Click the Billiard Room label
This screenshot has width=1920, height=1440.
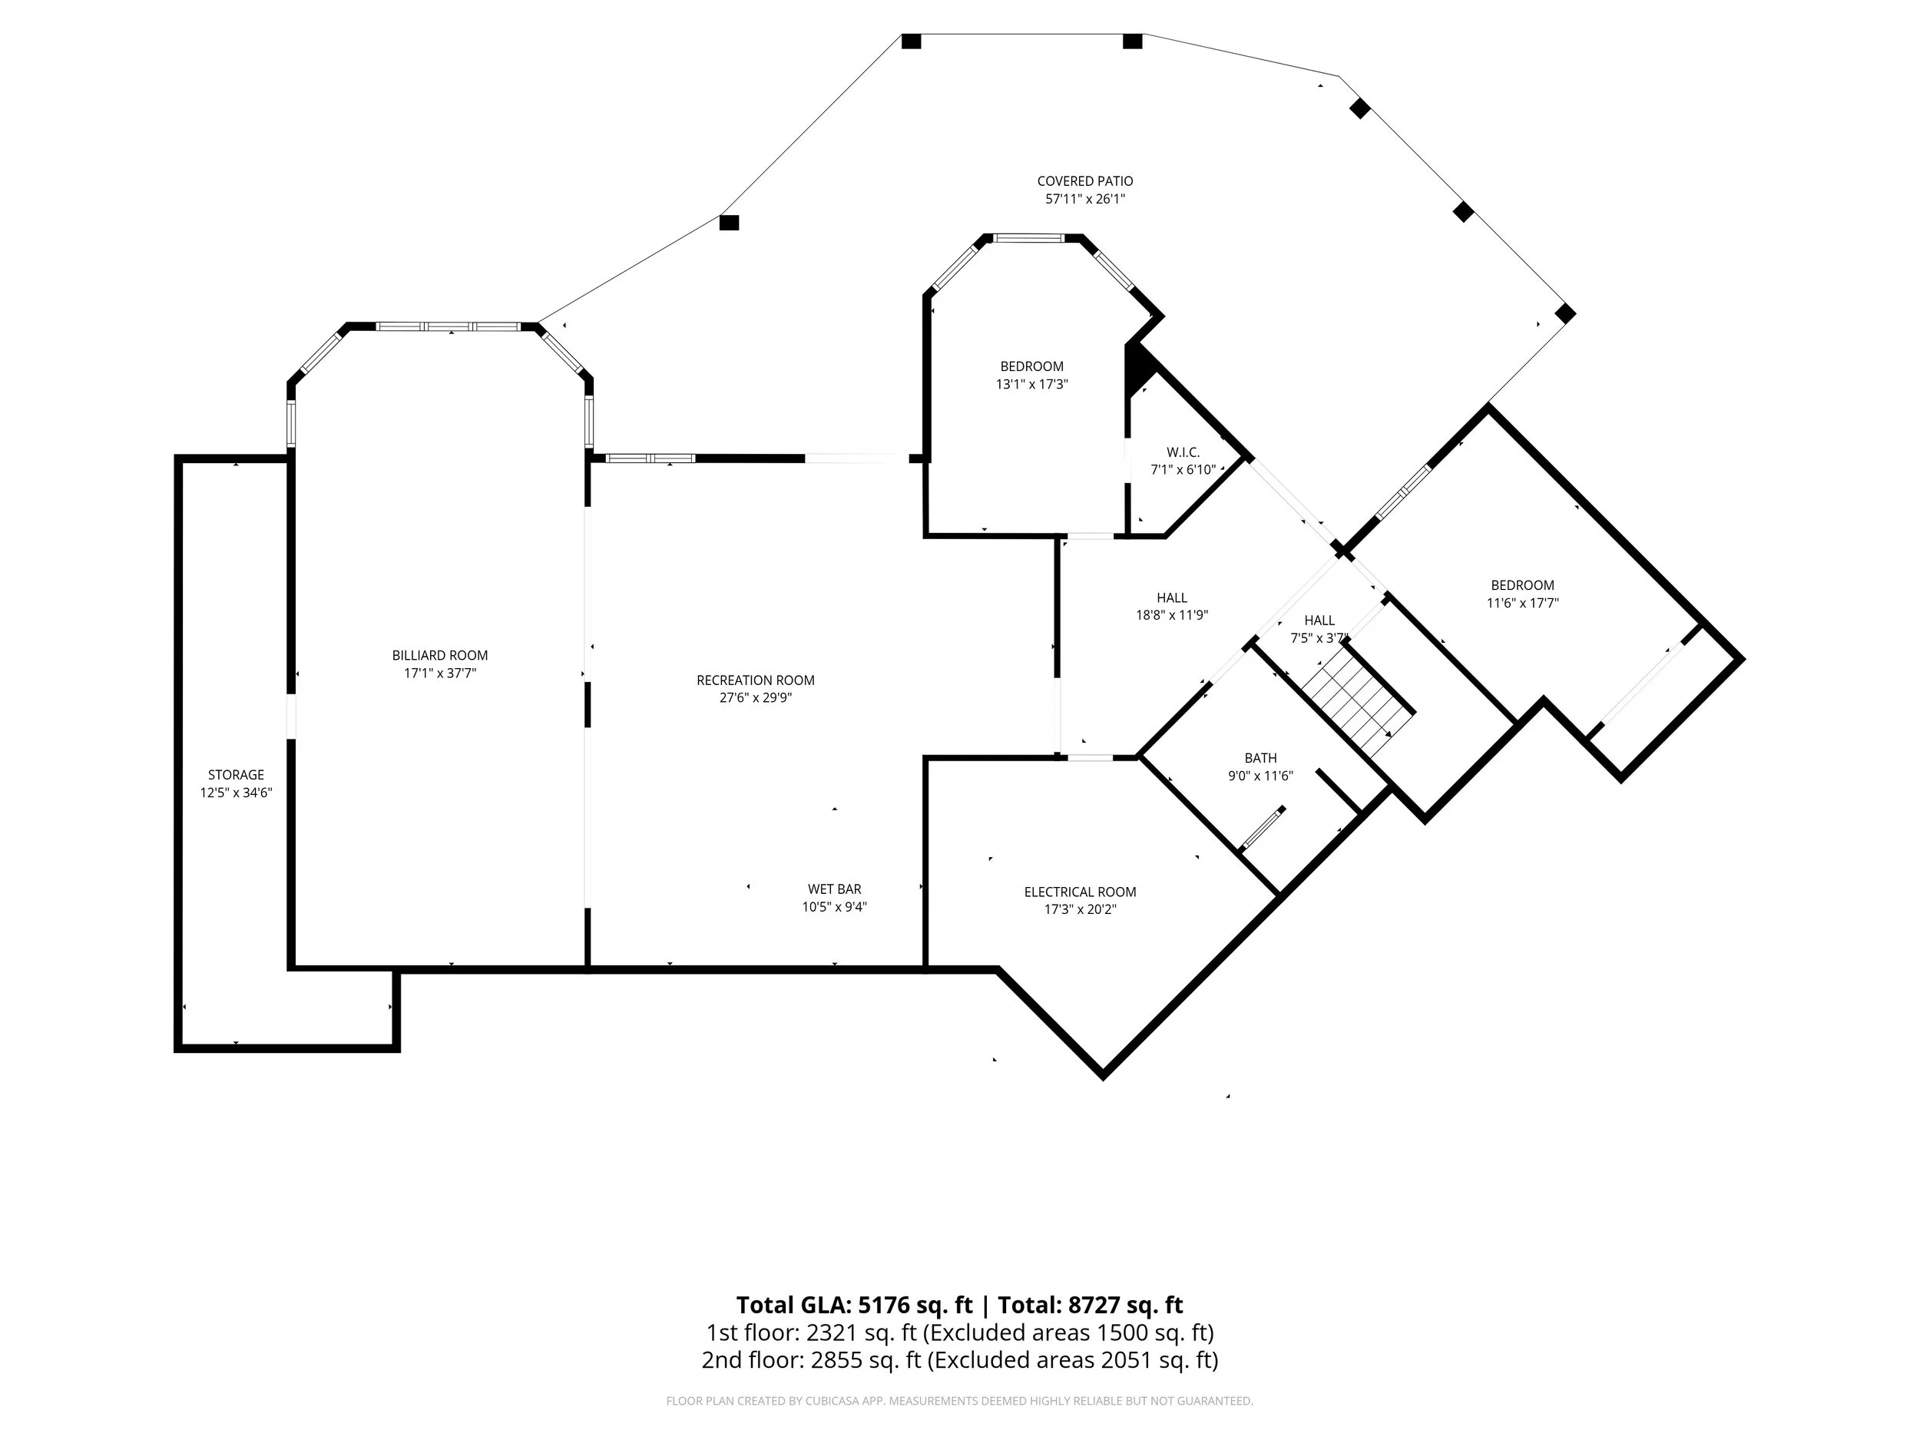point(439,655)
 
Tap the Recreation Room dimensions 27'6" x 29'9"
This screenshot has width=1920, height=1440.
point(755,698)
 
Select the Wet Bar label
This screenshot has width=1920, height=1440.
point(834,889)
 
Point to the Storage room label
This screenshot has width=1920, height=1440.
point(236,775)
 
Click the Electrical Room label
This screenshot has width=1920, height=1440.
point(1080,892)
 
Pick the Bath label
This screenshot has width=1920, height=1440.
point(1260,758)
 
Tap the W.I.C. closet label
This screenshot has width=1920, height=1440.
point(1183,452)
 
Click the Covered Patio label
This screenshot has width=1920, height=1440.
point(1085,180)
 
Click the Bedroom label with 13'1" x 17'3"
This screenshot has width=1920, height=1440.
point(1031,366)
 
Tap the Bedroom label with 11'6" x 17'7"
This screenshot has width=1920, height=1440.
point(1522,585)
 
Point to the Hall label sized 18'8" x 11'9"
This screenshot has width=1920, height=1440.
point(1172,598)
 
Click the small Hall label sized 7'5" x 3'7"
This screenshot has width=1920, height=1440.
point(1319,620)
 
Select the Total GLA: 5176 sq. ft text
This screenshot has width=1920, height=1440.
point(854,1306)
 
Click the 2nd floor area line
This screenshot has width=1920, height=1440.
point(959,1360)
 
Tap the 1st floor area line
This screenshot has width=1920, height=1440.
point(959,1332)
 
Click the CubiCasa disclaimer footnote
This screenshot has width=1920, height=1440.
point(959,1401)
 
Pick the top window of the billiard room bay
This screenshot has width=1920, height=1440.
point(448,327)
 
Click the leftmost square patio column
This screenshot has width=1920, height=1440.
point(729,223)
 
